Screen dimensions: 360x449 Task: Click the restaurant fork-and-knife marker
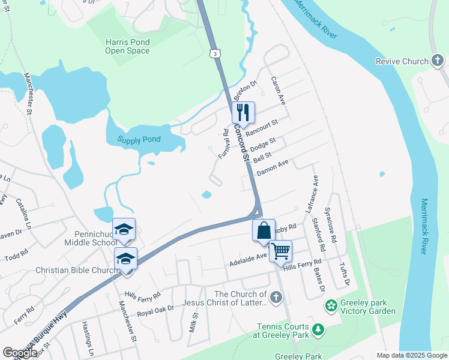click(243, 112)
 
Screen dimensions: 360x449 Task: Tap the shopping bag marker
click(264, 230)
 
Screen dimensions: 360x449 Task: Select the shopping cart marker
click(280, 251)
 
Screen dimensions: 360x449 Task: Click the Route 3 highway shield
click(214, 54)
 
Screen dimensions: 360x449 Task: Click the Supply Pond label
click(139, 139)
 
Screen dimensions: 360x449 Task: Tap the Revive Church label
click(402, 61)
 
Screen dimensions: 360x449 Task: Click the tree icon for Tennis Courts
click(318, 329)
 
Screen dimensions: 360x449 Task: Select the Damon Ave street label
click(273, 167)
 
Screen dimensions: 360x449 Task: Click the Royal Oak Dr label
click(155, 310)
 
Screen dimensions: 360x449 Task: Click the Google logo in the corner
click(20, 353)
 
